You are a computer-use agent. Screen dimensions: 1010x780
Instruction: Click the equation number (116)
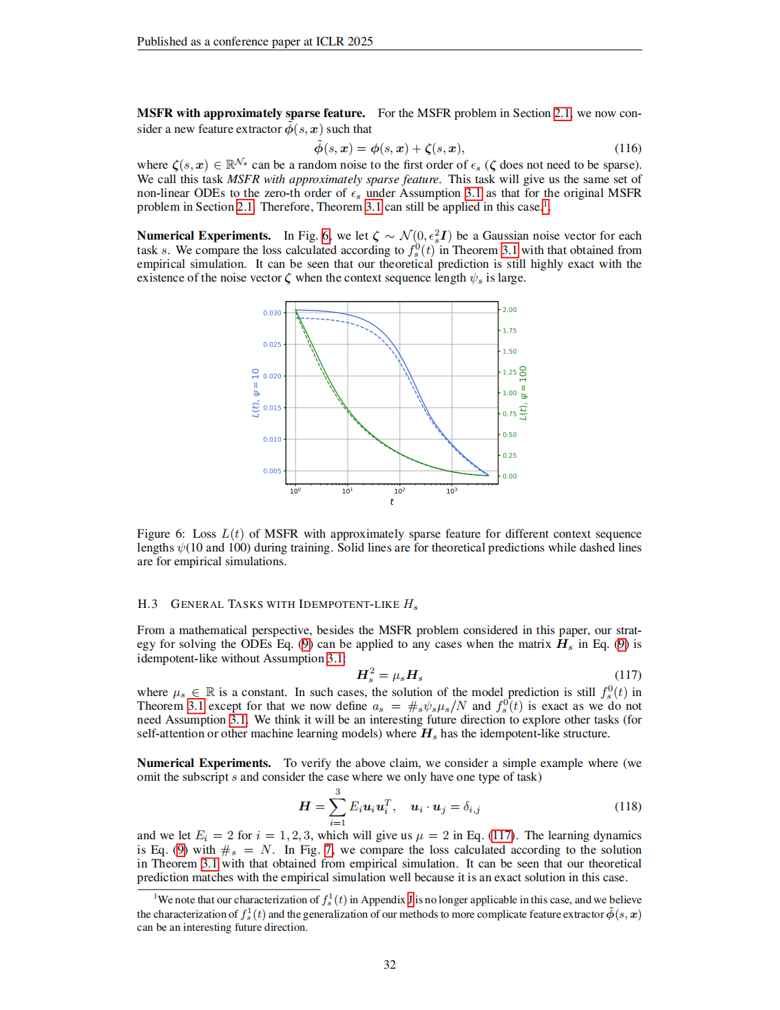click(x=627, y=148)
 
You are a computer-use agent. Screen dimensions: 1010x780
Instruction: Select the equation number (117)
click(x=627, y=675)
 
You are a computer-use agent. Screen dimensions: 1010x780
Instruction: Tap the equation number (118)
click(x=627, y=806)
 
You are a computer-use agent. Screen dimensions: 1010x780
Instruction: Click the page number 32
click(x=390, y=965)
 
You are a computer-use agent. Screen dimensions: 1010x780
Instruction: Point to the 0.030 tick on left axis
click(x=272, y=313)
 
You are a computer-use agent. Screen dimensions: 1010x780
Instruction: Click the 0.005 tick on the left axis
click(x=272, y=471)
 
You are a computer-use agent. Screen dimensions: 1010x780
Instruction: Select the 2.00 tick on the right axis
click(x=509, y=310)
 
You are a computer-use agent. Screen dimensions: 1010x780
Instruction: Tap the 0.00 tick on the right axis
click(x=509, y=476)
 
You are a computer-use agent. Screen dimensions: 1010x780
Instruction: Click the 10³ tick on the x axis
click(x=452, y=491)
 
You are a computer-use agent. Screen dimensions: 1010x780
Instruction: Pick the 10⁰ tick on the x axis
click(x=295, y=491)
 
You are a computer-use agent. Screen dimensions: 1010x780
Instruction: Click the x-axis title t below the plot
click(x=392, y=502)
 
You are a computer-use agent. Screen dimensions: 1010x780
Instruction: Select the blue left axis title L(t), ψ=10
click(x=255, y=392)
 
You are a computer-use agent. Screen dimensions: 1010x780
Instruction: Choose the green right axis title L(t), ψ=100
click(x=523, y=392)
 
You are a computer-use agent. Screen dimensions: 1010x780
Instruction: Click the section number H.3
click(x=147, y=604)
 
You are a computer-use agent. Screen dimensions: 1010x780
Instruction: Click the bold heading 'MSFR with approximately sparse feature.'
click(x=251, y=113)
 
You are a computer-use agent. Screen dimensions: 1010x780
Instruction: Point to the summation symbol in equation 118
click(x=337, y=806)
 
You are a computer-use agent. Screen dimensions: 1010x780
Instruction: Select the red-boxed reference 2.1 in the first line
click(x=562, y=113)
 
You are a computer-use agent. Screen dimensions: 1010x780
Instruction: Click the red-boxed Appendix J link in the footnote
click(x=410, y=899)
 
